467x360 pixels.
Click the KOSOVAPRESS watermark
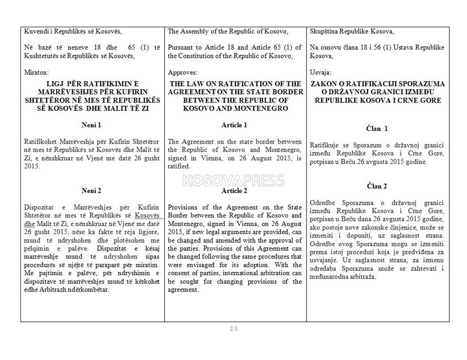coord(233,181)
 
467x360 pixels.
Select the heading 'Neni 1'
coord(91,125)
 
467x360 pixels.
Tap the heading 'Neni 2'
coord(91,190)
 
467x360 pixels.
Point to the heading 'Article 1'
coord(234,125)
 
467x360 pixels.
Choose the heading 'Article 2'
coord(234,190)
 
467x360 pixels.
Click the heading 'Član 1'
coord(377,128)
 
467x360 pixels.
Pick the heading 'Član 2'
coord(377,185)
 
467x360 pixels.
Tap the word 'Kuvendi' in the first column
coord(35,31)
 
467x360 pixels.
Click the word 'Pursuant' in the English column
coord(180,47)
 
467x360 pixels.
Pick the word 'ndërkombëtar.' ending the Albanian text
coord(89,291)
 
